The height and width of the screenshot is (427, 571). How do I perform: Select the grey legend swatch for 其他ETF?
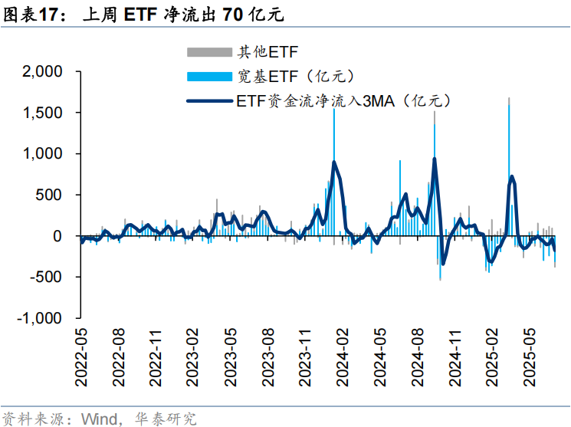pyautogui.click(x=209, y=52)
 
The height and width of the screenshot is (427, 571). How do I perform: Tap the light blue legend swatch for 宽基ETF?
pyautogui.click(x=209, y=75)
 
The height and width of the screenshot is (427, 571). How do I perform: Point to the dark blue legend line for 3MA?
pyautogui.click(x=209, y=100)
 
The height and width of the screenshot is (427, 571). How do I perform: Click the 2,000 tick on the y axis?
pyautogui.click(x=43, y=72)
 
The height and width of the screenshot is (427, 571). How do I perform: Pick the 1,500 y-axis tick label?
pyautogui.click(x=43, y=113)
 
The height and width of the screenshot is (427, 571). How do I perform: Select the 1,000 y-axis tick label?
pyautogui.click(x=43, y=154)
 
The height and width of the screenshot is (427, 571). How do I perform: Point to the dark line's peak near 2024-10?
pyautogui.click(x=435, y=159)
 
